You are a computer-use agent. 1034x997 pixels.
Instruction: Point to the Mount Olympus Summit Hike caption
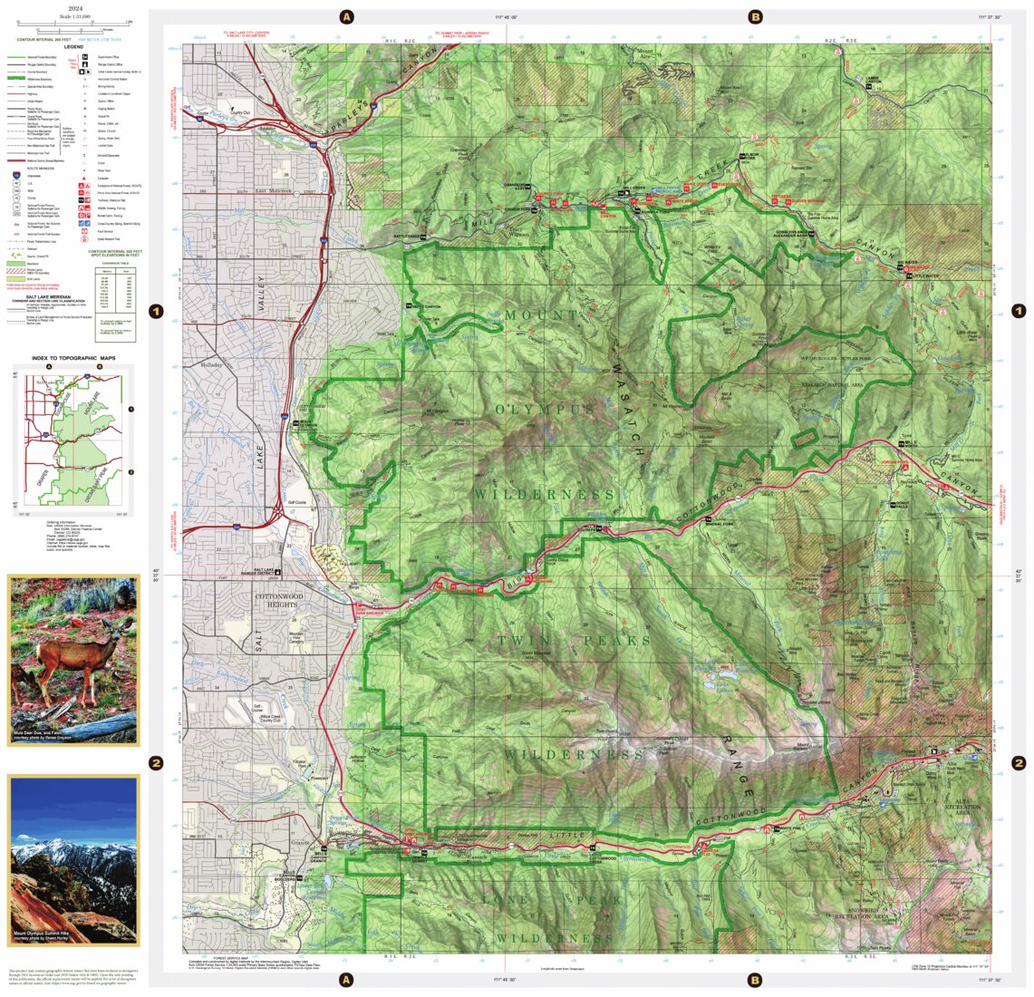coord(45,933)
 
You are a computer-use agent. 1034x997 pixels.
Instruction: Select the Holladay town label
coord(211,365)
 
